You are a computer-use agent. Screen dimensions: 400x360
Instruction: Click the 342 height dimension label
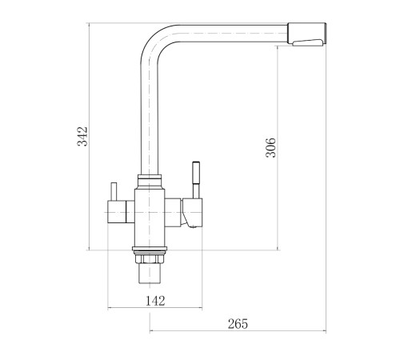(82, 136)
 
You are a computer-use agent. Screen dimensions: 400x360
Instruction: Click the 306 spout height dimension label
(271, 147)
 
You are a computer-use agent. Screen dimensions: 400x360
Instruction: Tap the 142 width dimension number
(155, 301)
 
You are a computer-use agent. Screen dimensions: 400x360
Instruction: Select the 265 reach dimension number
(238, 324)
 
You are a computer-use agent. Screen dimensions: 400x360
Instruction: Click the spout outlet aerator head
(306, 34)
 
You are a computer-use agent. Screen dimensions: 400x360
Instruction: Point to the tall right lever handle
(196, 180)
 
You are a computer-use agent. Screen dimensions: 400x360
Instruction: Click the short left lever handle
(114, 191)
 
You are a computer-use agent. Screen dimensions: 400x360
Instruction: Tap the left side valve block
(121, 211)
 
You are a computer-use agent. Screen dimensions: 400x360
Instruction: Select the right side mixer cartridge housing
(183, 213)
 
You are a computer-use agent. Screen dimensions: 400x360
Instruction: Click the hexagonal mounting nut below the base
(150, 258)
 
